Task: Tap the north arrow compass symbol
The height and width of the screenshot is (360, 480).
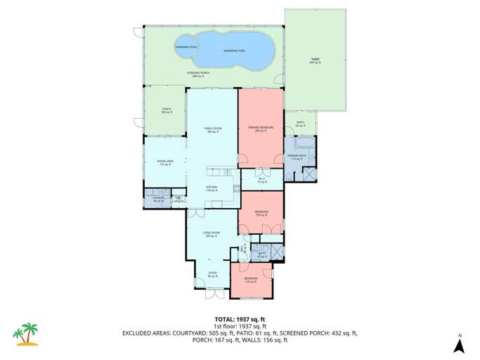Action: (459, 344)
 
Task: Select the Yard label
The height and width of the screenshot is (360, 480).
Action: (315, 61)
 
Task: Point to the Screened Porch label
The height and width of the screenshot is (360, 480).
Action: (198, 74)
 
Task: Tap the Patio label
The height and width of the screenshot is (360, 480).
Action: (299, 124)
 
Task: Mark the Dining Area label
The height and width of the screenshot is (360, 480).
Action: (165, 162)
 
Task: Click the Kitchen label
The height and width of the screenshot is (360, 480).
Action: (212, 188)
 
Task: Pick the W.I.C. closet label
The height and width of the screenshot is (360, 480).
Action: (261, 179)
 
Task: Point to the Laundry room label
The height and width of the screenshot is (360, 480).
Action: (158, 200)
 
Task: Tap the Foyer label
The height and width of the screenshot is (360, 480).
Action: (212, 273)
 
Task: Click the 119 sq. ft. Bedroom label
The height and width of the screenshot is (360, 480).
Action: (251, 280)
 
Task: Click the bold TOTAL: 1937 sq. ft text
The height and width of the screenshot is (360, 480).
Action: (240, 319)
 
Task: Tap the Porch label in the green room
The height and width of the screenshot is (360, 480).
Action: (167, 110)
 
